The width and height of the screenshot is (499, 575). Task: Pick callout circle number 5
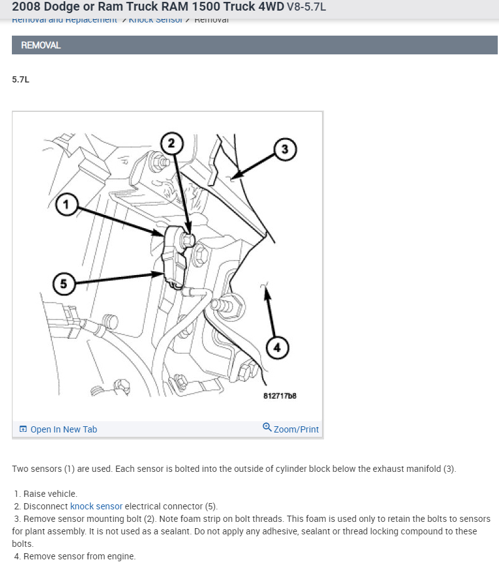[63, 284]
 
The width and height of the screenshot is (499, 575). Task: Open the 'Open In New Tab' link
[63, 429]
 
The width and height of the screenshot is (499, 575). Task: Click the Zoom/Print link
[296, 429]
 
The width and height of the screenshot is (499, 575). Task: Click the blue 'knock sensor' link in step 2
[96, 506]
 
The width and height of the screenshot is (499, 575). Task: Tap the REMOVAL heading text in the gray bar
[41, 46]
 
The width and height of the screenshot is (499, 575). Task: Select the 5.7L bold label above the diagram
[21, 80]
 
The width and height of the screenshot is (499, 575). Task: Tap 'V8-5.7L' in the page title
[306, 8]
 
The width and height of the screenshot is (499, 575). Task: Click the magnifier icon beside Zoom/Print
[267, 428]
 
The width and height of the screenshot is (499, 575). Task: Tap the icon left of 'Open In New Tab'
[23, 429]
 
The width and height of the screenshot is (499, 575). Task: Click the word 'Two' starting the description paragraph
[21, 469]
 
